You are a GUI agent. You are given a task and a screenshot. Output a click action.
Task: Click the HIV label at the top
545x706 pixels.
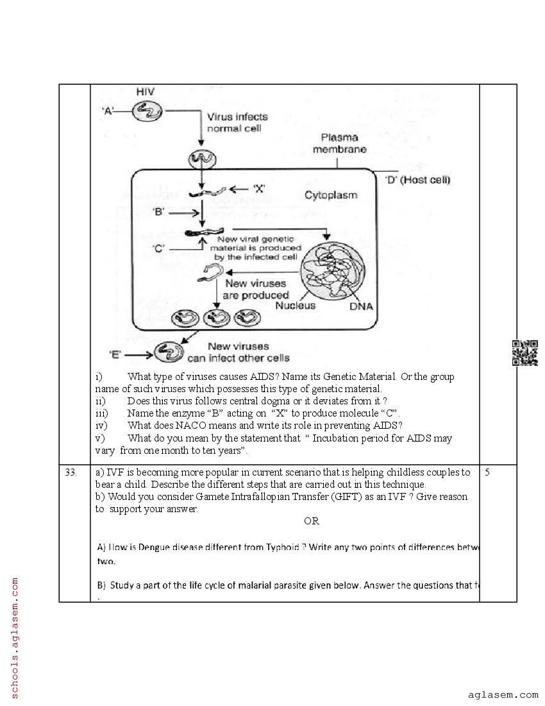point(146,92)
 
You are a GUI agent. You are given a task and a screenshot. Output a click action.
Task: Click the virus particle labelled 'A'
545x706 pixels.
point(147,112)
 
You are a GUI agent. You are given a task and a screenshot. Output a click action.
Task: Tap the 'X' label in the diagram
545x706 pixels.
point(258,189)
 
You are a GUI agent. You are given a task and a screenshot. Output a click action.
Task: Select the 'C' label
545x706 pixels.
point(159,248)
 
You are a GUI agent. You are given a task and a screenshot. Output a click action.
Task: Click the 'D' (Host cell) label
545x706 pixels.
point(417,180)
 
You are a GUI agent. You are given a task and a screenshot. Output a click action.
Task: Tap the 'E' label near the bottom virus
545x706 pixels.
point(115,354)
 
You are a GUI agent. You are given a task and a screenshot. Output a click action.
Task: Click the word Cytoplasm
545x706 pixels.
point(331,195)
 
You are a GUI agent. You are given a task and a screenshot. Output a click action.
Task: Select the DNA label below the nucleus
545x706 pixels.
point(361,307)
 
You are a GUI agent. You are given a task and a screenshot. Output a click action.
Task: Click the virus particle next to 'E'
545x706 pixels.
point(169,352)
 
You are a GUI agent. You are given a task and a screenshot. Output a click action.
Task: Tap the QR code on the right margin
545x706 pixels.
point(524,352)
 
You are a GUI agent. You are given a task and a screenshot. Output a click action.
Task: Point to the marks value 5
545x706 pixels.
point(487,472)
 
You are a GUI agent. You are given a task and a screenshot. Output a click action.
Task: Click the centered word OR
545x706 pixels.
point(312,521)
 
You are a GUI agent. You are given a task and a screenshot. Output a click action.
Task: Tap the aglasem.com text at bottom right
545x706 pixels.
point(503,694)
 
